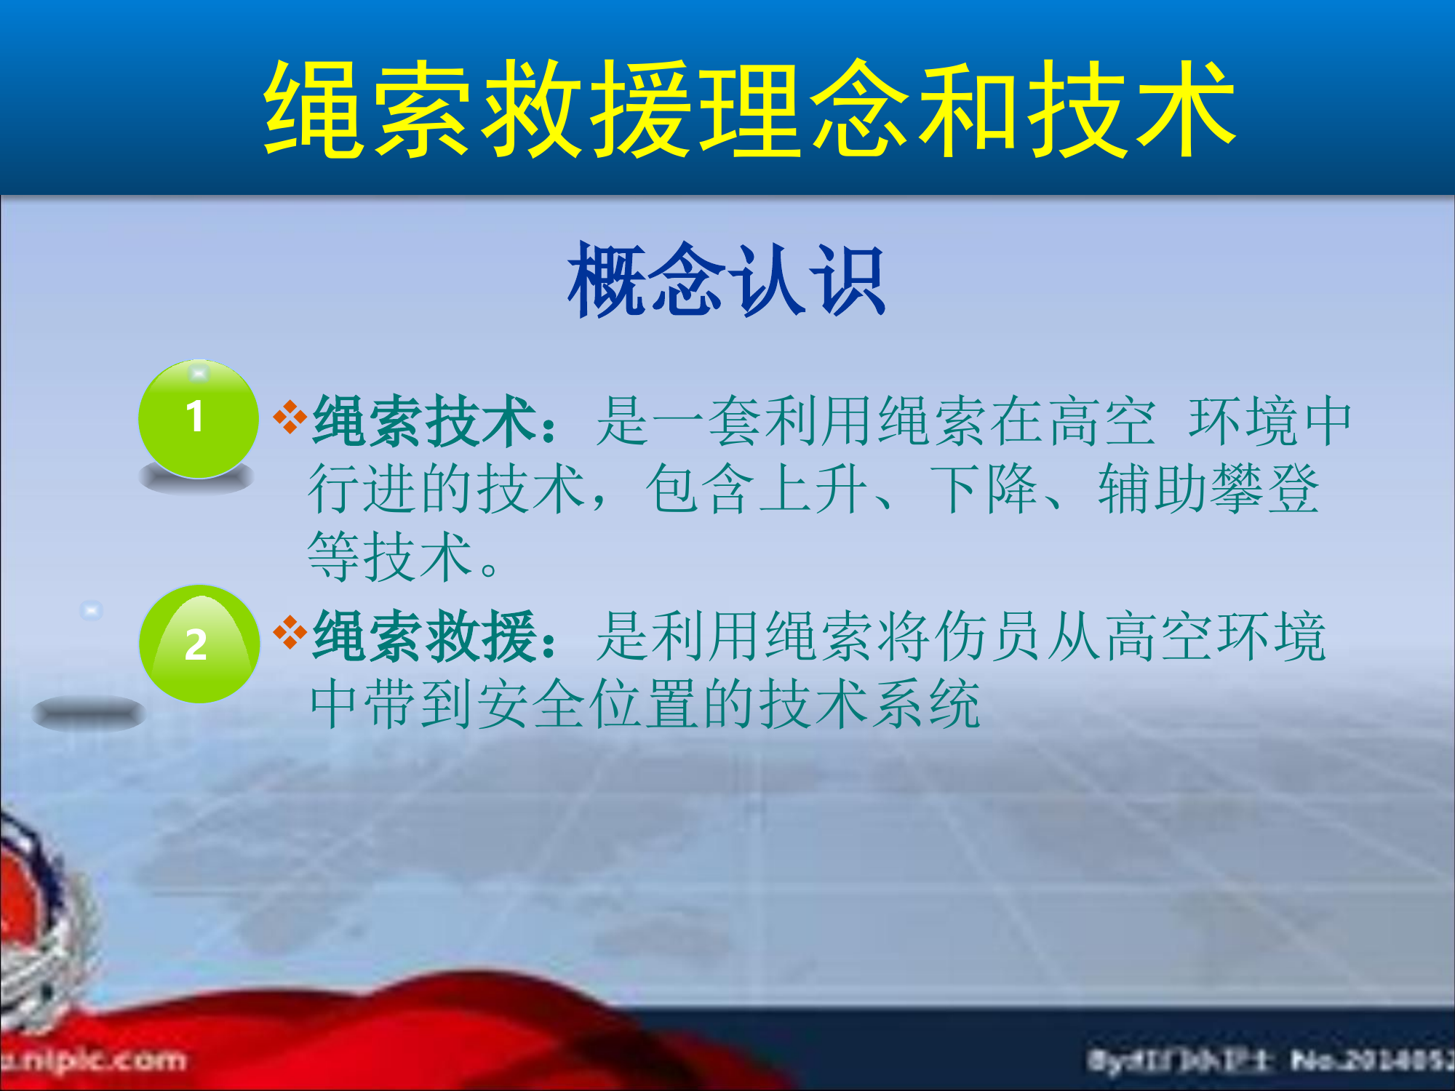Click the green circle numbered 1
pos(198,419)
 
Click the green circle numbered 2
pos(199,644)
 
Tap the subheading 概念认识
pos(726,280)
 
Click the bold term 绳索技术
pos(425,421)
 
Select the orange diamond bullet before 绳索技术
pos(290,417)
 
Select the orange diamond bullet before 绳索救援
pos(290,632)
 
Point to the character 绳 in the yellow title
pos(313,109)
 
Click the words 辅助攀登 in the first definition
pos(1208,489)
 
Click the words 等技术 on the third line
pos(389,556)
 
